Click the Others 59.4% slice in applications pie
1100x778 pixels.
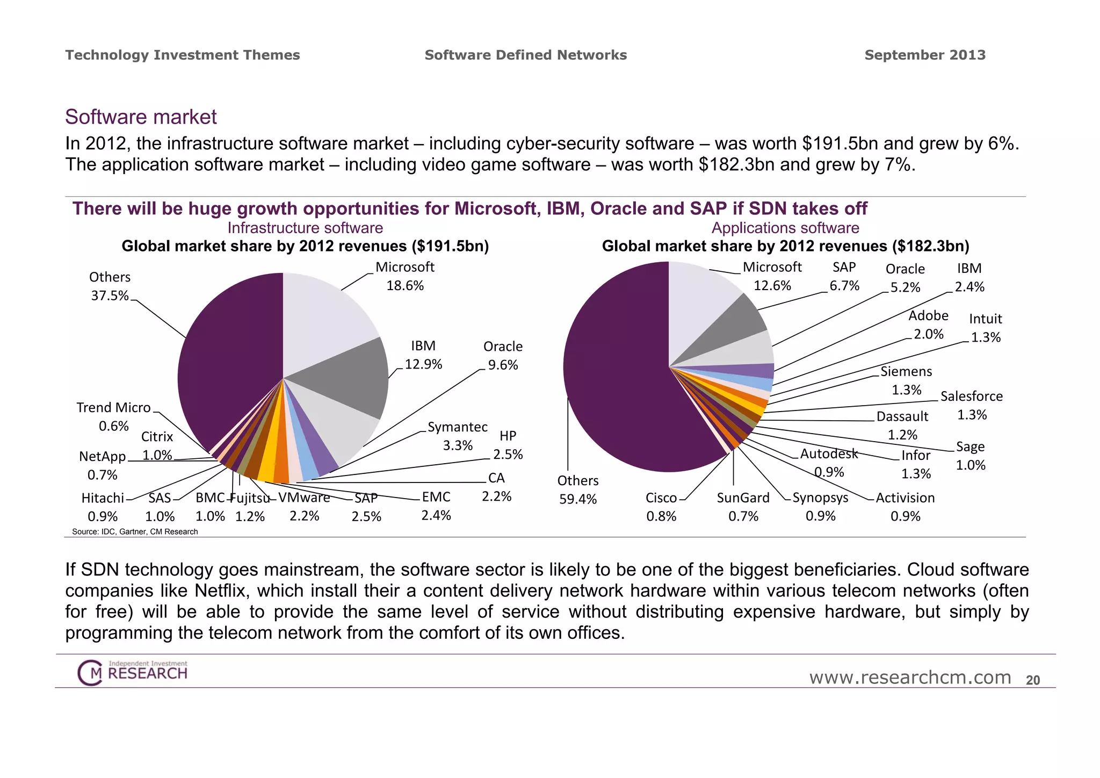618,376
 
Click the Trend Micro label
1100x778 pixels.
113,408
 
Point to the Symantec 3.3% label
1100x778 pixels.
458,436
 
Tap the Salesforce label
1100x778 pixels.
972,397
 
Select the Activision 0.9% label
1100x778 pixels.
905,507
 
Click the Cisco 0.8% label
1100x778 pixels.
661,507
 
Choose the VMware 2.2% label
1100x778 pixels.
304,506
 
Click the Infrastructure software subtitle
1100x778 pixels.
305,228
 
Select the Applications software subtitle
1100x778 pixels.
785,228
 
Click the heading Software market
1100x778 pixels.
141,117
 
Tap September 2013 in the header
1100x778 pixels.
925,55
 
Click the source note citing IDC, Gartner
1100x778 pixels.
135,531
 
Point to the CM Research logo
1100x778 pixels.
133,672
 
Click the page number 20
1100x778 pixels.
1033,680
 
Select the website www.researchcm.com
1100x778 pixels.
910,678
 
